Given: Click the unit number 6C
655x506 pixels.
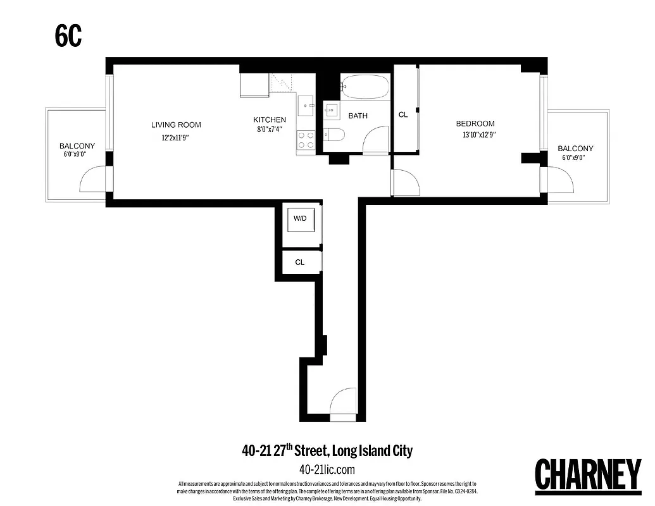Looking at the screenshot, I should [68, 37].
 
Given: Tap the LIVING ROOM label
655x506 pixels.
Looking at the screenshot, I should [175, 125].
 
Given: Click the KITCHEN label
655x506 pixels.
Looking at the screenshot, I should [270, 120].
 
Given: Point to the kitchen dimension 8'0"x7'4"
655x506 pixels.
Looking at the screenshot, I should [268, 129].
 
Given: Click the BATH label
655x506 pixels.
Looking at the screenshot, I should [358, 116].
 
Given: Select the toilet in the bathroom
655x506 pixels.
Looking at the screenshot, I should [334, 134].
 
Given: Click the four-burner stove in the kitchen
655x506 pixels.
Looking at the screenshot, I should [306, 140].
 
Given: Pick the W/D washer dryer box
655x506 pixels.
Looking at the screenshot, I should [299, 219].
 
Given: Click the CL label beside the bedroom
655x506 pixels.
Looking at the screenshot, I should [403, 115].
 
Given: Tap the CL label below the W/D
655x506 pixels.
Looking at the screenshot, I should [300, 262].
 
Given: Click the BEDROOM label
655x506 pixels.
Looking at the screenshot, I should [475, 123].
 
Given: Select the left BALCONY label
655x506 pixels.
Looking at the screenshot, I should [77, 146].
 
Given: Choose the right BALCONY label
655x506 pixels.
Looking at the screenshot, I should [575, 148].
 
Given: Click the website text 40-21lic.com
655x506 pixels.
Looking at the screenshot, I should [327, 469].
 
